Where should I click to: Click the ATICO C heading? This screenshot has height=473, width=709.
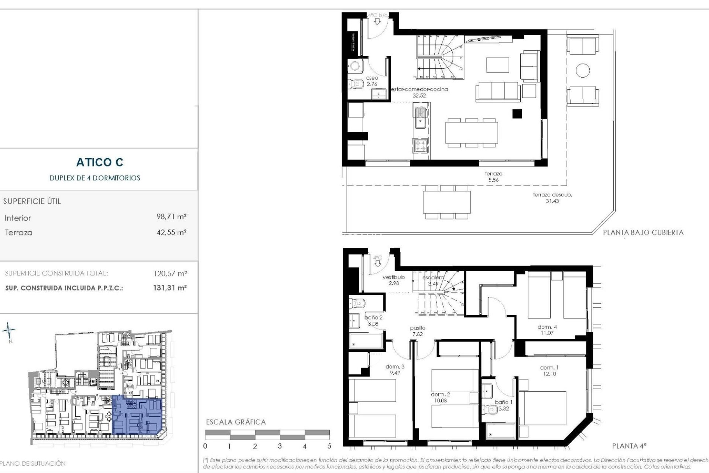100,162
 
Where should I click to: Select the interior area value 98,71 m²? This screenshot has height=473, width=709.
171,217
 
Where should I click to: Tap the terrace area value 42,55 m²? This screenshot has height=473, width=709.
171,232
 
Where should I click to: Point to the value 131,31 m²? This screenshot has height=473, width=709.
170,288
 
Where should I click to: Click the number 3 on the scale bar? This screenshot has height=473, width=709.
280,446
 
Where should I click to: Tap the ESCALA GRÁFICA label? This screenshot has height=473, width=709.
236,422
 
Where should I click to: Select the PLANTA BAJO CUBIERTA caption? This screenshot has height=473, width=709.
643,233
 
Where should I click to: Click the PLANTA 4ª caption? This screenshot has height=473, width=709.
629,446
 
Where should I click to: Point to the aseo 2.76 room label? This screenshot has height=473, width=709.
372,81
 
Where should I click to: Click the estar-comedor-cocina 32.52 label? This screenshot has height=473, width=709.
419,92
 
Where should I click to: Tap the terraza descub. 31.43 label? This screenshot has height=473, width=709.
552,198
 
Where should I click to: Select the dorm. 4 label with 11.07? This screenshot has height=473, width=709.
547,330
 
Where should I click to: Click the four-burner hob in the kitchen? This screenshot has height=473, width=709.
420,145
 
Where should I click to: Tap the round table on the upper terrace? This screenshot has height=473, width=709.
583,70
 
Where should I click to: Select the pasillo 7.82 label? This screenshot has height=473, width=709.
418,331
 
